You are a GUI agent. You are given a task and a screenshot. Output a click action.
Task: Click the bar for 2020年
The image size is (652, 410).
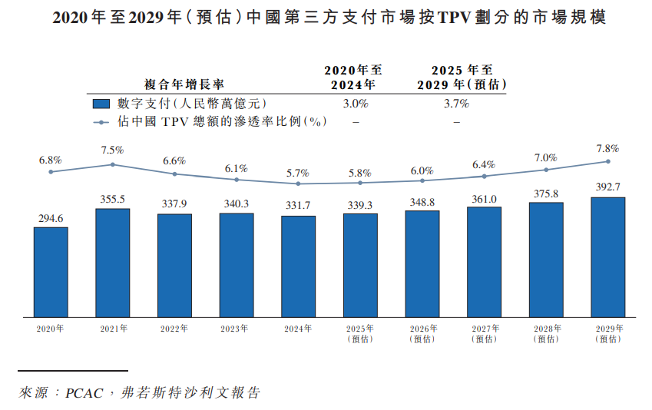pos(51,272)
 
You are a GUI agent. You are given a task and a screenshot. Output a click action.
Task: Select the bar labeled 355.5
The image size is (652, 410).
pos(112,263)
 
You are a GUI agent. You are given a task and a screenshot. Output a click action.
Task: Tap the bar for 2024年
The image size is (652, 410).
pos(298,266)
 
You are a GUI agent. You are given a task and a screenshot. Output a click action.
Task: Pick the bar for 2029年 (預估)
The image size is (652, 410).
pos(607,256)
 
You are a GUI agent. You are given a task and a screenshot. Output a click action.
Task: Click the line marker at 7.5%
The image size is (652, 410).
pos(112,164)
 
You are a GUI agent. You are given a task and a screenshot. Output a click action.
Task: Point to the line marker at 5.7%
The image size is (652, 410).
pos(298,184)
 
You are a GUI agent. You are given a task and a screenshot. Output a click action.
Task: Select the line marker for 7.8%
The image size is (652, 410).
pos(607,161)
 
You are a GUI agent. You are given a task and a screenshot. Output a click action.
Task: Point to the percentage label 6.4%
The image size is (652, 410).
pos(484,164)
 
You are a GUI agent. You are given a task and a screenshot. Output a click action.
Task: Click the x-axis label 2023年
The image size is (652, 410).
pos(236,329)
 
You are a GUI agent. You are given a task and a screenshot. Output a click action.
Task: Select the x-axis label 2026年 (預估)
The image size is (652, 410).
pos(422,333)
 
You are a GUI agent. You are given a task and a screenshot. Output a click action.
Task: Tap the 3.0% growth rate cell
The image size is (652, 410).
pos(355,103)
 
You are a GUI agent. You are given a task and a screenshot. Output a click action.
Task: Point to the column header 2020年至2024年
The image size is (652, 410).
pos(353,77)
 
